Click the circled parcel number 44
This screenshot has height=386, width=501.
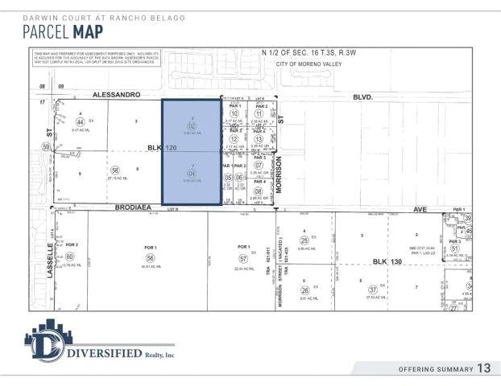click(80, 121)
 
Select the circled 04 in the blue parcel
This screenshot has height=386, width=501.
click(192, 173)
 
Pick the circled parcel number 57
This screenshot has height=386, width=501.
click(242, 258)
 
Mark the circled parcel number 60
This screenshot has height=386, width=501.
click(71, 257)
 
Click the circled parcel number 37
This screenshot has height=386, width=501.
click(372, 289)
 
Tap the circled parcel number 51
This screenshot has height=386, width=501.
click(454, 248)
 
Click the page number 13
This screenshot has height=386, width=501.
click(483, 368)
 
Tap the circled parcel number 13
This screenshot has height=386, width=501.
click(259, 139)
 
